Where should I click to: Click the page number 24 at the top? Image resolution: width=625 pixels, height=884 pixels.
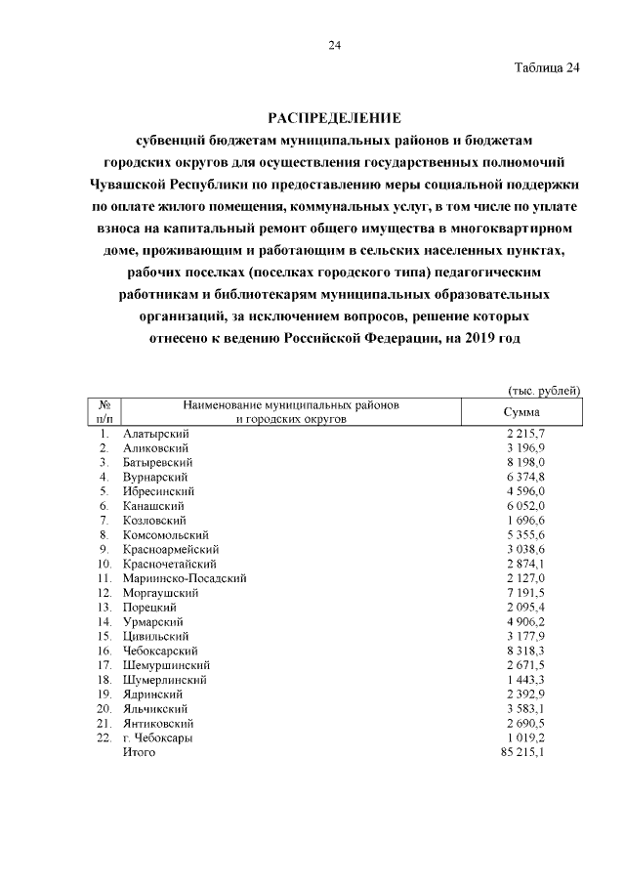click(x=334, y=45)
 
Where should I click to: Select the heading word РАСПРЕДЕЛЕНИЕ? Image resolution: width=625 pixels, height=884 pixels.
click(x=334, y=118)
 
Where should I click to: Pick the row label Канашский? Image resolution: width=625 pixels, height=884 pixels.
click(x=153, y=506)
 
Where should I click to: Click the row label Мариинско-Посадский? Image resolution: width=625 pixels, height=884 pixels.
click(x=185, y=578)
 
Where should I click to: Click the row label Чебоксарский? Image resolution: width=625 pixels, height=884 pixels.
click(x=161, y=651)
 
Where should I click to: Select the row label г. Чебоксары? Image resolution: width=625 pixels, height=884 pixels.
click(x=157, y=738)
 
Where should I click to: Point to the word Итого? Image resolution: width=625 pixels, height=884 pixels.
click(x=139, y=753)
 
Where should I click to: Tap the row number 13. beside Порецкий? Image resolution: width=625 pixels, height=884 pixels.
click(x=104, y=608)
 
